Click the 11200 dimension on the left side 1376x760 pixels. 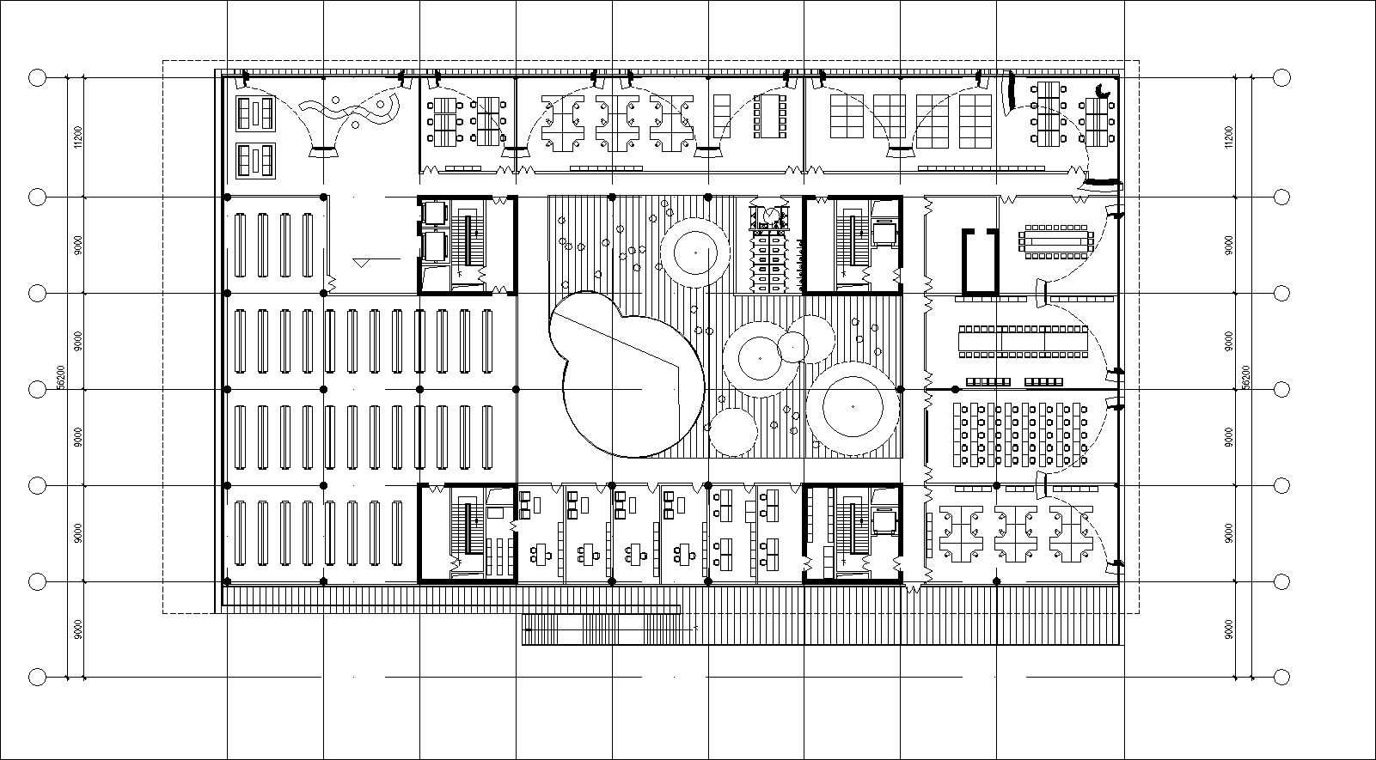[77, 137]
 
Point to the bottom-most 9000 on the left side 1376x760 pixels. [77, 629]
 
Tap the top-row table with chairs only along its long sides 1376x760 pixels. [769, 115]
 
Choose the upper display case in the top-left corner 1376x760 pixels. [255, 113]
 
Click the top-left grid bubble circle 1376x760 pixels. [37, 78]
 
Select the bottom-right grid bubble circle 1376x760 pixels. [1281, 677]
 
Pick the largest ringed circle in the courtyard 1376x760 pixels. [853, 408]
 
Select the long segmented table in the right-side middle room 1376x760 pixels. [1023, 340]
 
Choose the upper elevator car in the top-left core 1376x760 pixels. [433, 212]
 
